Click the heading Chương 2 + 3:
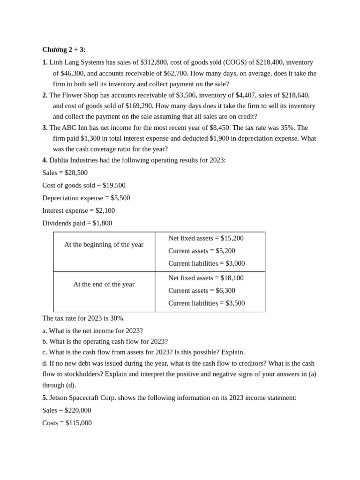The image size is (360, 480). (x=64, y=50)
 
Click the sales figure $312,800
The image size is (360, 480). (x=153, y=62)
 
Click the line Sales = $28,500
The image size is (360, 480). (x=65, y=173)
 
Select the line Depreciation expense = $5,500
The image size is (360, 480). (x=86, y=198)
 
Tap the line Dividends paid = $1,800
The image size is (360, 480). (x=77, y=224)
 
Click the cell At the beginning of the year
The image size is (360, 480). (x=104, y=245)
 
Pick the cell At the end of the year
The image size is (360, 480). (x=104, y=285)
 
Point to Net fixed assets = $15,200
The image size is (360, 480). (x=206, y=239)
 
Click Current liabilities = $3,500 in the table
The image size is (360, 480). (x=206, y=303)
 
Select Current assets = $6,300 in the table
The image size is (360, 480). (x=202, y=291)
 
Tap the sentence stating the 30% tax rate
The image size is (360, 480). (x=83, y=318)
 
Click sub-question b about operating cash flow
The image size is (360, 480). (x=105, y=342)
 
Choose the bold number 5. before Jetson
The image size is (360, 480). (x=45, y=398)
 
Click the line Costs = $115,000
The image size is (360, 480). (x=67, y=423)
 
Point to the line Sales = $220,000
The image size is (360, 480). (x=67, y=411)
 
